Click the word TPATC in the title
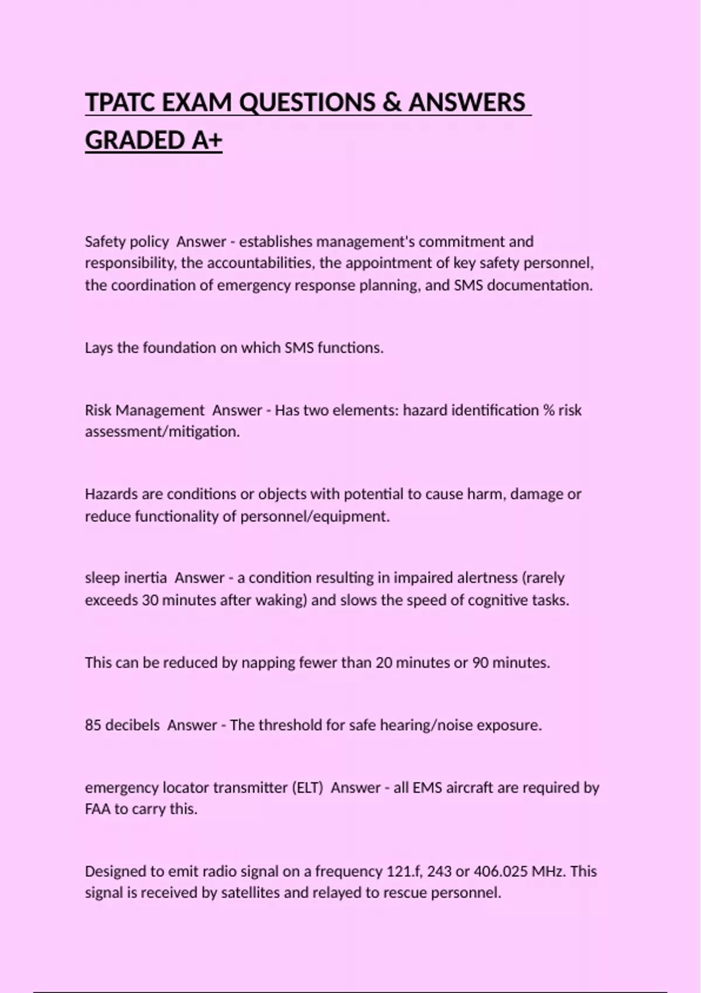pos(120,103)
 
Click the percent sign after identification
pos(549,411)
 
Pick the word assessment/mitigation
pos(162,432)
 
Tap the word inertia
pos(145,578)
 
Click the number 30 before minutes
pos(150,600)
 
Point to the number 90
pos(480,663)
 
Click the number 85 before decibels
pos(93,725)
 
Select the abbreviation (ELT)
pos(307,788)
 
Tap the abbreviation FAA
pos(98,810)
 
